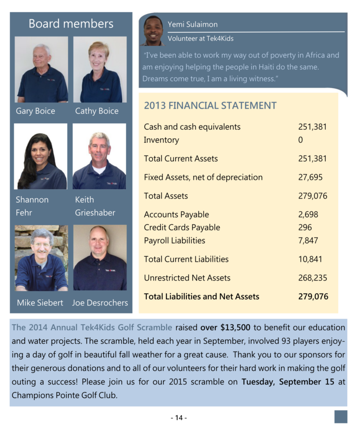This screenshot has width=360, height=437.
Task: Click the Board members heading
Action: [71, 24]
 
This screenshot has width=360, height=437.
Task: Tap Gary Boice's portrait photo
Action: [41, 69]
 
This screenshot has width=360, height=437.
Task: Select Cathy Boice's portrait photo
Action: [100, 69]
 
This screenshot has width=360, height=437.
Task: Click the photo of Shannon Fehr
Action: [41, 156]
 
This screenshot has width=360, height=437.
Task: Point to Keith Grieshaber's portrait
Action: [99, 156]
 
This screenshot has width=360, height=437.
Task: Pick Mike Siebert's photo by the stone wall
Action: [41, 258]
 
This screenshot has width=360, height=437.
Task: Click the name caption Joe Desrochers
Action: [100, 303]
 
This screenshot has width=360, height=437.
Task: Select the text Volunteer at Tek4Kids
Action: [201, 38]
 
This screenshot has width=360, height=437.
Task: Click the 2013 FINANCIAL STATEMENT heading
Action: [210, 106]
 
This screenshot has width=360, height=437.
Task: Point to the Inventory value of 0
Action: [300, 140]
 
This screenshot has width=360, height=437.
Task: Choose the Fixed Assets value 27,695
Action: [310, 177]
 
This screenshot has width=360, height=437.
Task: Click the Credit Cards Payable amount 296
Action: [305, 228]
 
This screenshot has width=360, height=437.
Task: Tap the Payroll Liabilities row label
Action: [174, 241]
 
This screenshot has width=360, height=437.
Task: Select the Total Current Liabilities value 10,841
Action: [310, 259]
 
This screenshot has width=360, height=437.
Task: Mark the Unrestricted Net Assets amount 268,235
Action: [312, 278]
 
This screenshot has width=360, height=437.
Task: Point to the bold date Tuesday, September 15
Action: [288, 381]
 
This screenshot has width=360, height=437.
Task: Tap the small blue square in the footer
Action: [341, 417]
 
